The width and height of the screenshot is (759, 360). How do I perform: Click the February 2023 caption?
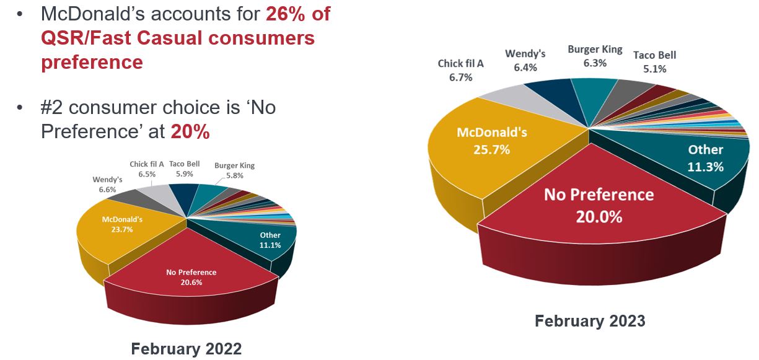(x=590, y=321)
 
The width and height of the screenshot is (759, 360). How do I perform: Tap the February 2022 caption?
(x=186, y=349)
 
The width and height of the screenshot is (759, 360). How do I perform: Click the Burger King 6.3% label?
(x=595, y=56)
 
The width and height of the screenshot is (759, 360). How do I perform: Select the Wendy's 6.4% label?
(x=525, y=60)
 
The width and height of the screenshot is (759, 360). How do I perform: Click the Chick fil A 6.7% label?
(x=460, y=70)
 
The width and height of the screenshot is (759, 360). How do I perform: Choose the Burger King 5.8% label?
(x=234, y=171)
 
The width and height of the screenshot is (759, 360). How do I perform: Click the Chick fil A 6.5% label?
(x=147, y=170)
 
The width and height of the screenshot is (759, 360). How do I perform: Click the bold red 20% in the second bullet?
(x=190, y=132)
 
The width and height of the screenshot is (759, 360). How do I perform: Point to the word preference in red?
(x=92, y=62)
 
